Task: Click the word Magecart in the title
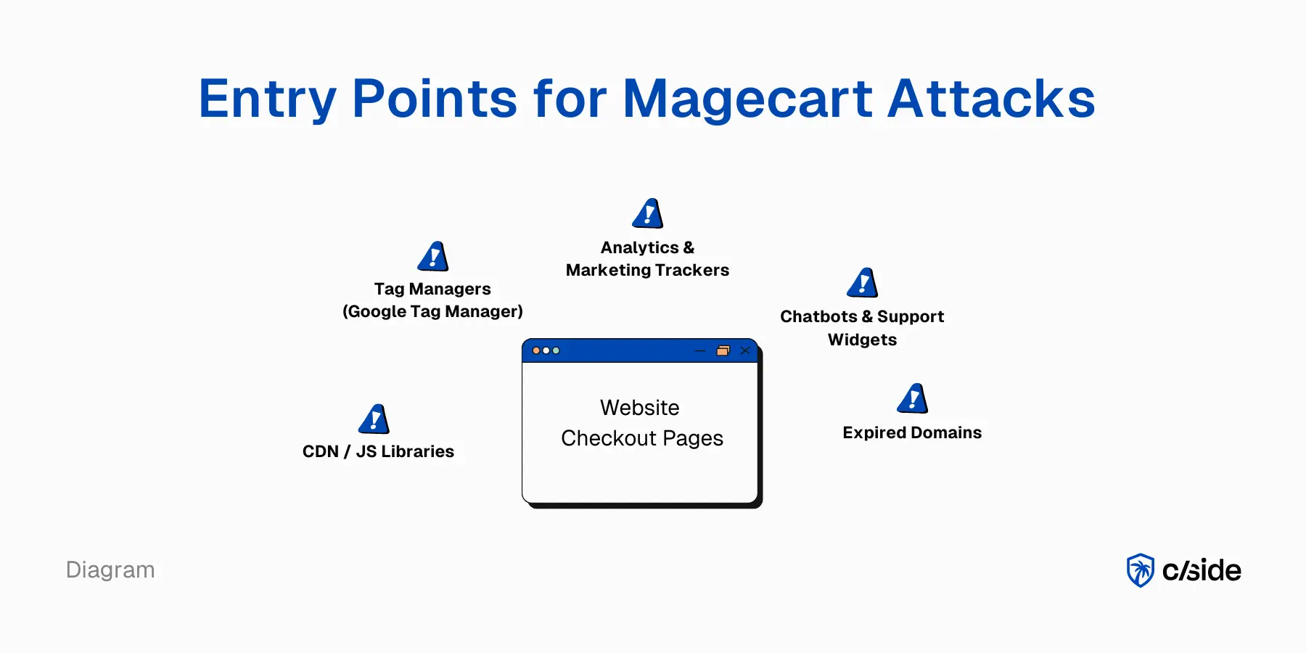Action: [747, 99]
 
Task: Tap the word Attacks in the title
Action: [991, 99]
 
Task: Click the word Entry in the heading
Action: [267, 99]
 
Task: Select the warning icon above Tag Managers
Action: [433, 257]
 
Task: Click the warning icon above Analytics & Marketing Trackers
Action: [648, 214]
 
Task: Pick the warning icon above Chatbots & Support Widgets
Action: [863, 283]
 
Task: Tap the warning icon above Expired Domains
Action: [913, 399]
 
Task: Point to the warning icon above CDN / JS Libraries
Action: [374, 419]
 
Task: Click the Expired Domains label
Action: [912, 432]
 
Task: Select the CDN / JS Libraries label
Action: [378, 451]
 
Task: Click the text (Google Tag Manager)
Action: [432, 311]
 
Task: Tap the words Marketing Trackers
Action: [647, 270]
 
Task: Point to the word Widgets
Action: [862, 340]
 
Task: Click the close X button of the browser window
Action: [745, 350]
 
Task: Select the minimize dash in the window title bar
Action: [700, 350]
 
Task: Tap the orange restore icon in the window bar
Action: [723, 350]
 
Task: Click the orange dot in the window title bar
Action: [536, 350]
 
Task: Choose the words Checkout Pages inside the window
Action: [641, 438]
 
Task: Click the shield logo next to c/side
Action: [1140, 570]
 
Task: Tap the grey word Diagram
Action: [110, 570]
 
